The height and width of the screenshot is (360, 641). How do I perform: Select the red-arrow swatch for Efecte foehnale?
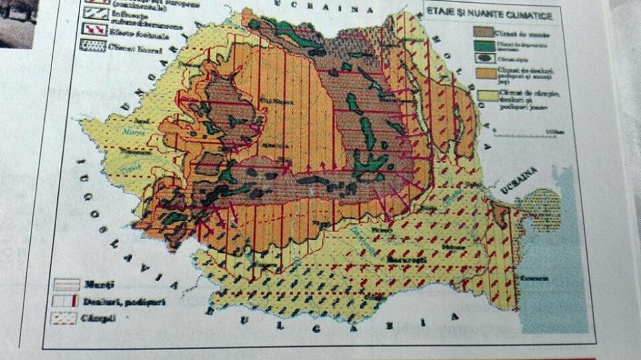(96, 29)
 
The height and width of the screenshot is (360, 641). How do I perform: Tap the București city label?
(407, 257)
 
